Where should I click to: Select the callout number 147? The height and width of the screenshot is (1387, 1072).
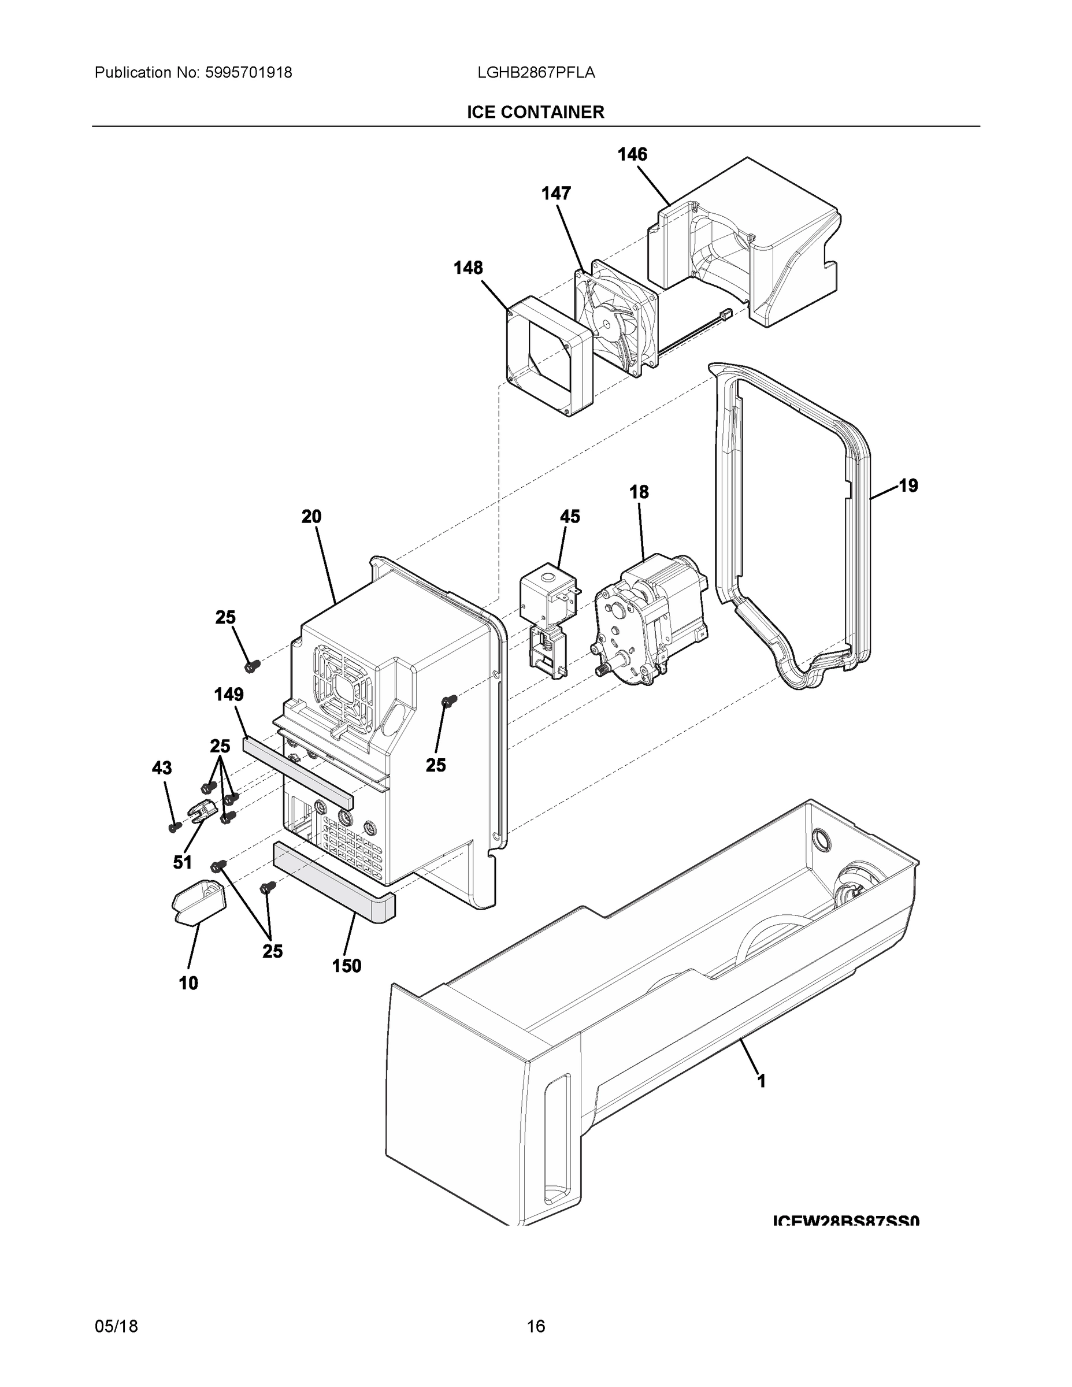(556, 194)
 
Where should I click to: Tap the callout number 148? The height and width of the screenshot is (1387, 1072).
(468, 268)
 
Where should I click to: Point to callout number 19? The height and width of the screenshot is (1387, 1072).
(908, 486)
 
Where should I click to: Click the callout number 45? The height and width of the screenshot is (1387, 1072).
(570, 517)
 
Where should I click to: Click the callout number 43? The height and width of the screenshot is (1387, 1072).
(161, 769)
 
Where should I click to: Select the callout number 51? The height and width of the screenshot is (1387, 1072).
(182, 862)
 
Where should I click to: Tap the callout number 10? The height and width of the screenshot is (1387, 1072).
(188, 984)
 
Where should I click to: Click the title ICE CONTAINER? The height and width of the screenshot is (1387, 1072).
(535, 113)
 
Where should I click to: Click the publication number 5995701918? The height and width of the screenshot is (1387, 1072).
(248, 73)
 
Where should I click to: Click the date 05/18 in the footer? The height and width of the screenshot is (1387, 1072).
(116, 1326)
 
